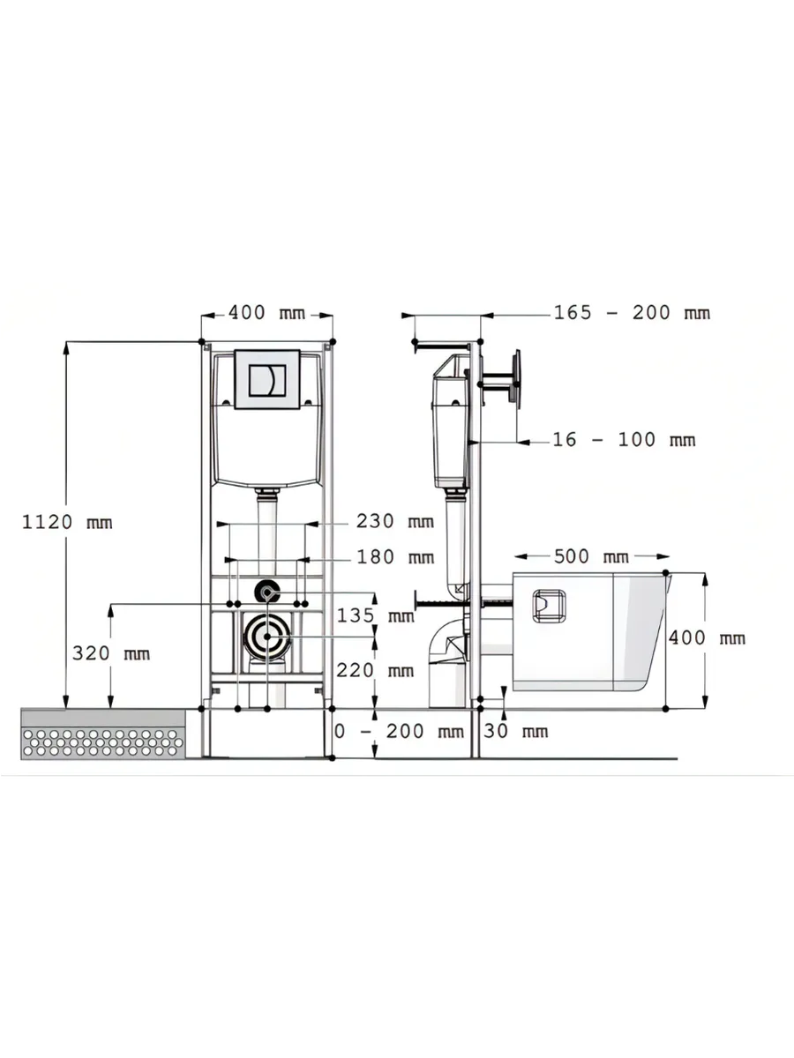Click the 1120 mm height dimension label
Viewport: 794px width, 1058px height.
[x=67, y=522]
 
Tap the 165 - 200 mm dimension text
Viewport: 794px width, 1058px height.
[x=631, y=313]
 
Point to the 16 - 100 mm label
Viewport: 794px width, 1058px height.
[x=623, y=440]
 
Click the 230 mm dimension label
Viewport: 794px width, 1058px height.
[x=394, y=521]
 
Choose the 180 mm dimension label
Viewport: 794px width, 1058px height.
[x=394, y=557]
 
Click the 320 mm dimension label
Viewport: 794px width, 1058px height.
[x=110, y=653]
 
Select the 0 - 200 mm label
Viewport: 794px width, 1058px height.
[x=399, y=731]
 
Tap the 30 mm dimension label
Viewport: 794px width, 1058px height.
[x=516, y=731]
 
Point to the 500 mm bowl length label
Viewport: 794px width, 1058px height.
[x=590, y=557]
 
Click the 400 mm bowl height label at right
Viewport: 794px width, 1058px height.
[x=706, y=638]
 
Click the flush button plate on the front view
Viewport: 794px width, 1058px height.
[x=267, y=380]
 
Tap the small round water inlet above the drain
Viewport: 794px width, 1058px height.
[x=266, y=591]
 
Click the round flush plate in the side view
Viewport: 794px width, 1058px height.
[x=515, y=380]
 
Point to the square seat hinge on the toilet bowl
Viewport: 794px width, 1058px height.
[x=548, y=606]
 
